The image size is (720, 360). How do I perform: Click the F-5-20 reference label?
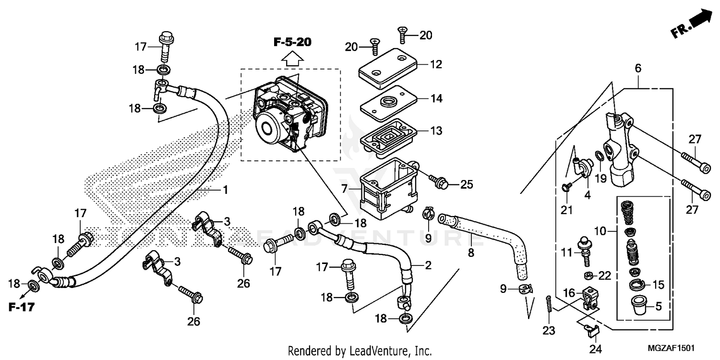292,42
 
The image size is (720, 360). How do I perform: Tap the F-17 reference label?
22,307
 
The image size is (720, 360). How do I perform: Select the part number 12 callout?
436,64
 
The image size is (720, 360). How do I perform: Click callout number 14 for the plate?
436,98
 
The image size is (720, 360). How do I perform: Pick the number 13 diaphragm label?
436,131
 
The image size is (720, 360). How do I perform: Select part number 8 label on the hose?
471,252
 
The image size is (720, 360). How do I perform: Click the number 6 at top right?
638,69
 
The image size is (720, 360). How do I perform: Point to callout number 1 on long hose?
224,190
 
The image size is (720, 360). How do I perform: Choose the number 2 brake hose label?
428,265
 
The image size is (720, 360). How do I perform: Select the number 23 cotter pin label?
549,330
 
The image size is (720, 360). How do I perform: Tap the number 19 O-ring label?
601,179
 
